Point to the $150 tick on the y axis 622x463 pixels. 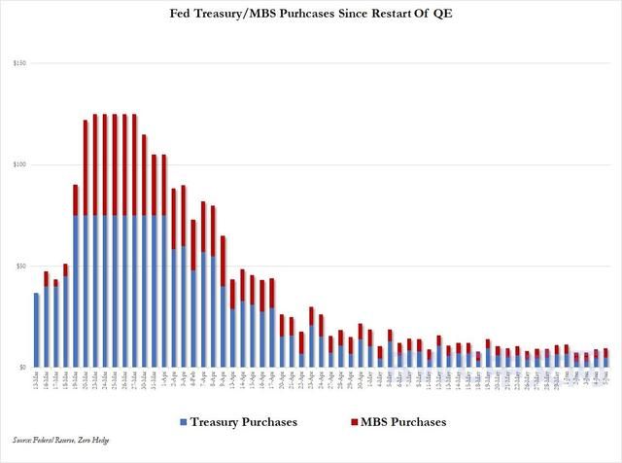coord(19,63)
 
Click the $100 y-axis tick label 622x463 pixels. coord(19,164)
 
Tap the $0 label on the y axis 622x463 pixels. coord(22,368)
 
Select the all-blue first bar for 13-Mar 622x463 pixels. coord(36,331)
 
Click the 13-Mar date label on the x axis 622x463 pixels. coord(36,381)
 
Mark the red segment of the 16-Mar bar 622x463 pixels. coord(46,279)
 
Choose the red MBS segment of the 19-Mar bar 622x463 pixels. coord(76,200)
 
